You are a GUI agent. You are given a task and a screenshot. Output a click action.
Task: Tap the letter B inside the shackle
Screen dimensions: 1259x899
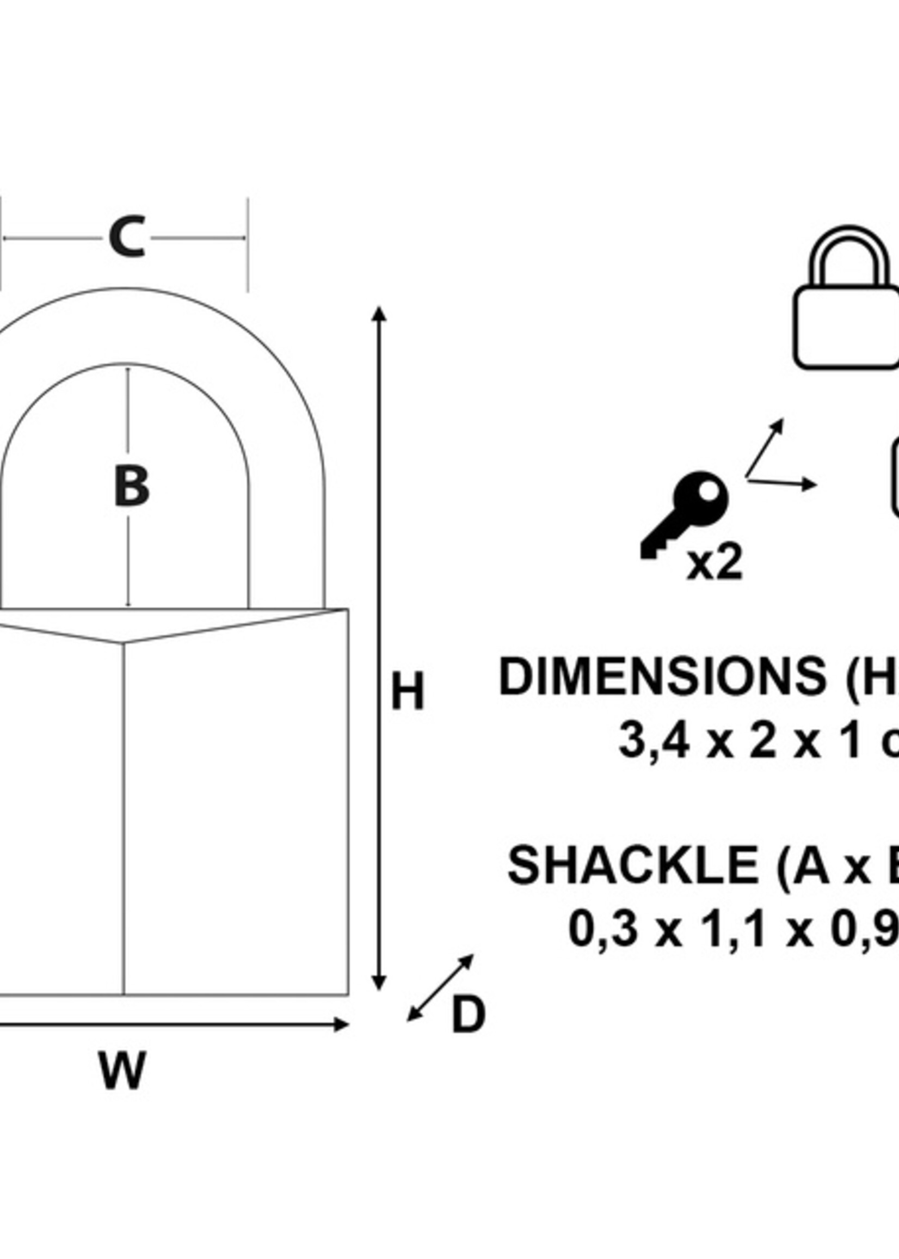(131, 486)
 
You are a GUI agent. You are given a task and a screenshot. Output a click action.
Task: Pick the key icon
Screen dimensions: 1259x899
(684, 515)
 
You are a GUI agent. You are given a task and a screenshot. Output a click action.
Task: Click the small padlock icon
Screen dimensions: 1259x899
(846, 299)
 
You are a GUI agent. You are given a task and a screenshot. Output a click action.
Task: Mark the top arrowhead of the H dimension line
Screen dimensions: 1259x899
(379, 314)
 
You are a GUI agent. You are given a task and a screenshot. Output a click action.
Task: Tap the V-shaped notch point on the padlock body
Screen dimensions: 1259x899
(123, 643)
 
